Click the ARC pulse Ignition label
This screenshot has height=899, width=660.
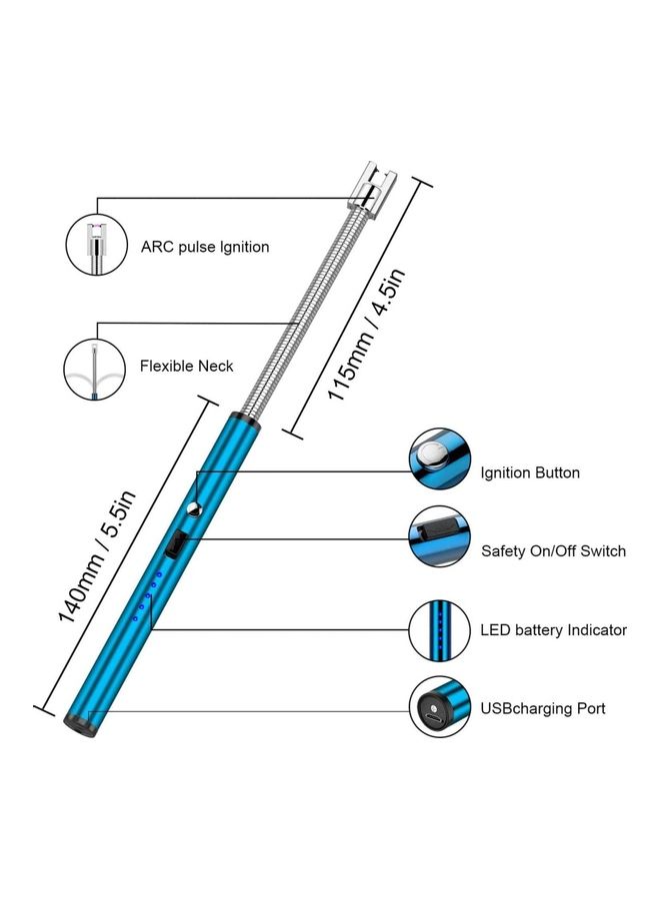[x=205, y=247]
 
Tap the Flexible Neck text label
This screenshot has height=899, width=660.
[x=187, y=366]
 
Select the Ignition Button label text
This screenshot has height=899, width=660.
[x=530, y=472]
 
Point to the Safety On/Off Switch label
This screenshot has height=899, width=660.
[x=554, y=550]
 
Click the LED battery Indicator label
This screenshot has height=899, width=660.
[x=553, y=630]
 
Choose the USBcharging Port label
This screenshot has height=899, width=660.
[x=543, y=708]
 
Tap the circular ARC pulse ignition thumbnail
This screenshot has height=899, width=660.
[x=96, y=246]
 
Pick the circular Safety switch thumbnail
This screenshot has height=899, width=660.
[x=439, y=537]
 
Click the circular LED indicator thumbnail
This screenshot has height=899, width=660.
[x=439, y=629]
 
